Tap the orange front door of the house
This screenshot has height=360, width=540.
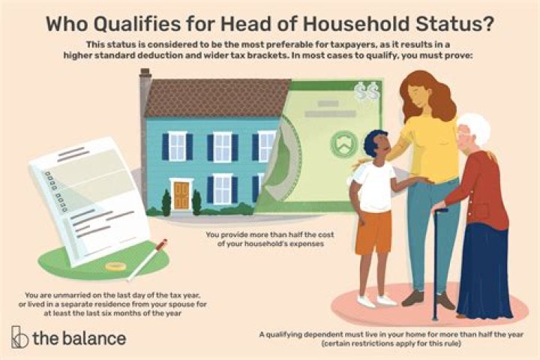click(181, 195)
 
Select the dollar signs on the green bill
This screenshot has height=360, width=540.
click(367, 91)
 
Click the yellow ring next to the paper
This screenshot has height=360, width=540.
click(115, 266)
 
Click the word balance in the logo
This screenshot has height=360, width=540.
click(94, 337)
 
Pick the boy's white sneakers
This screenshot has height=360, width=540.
click(375, 300)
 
